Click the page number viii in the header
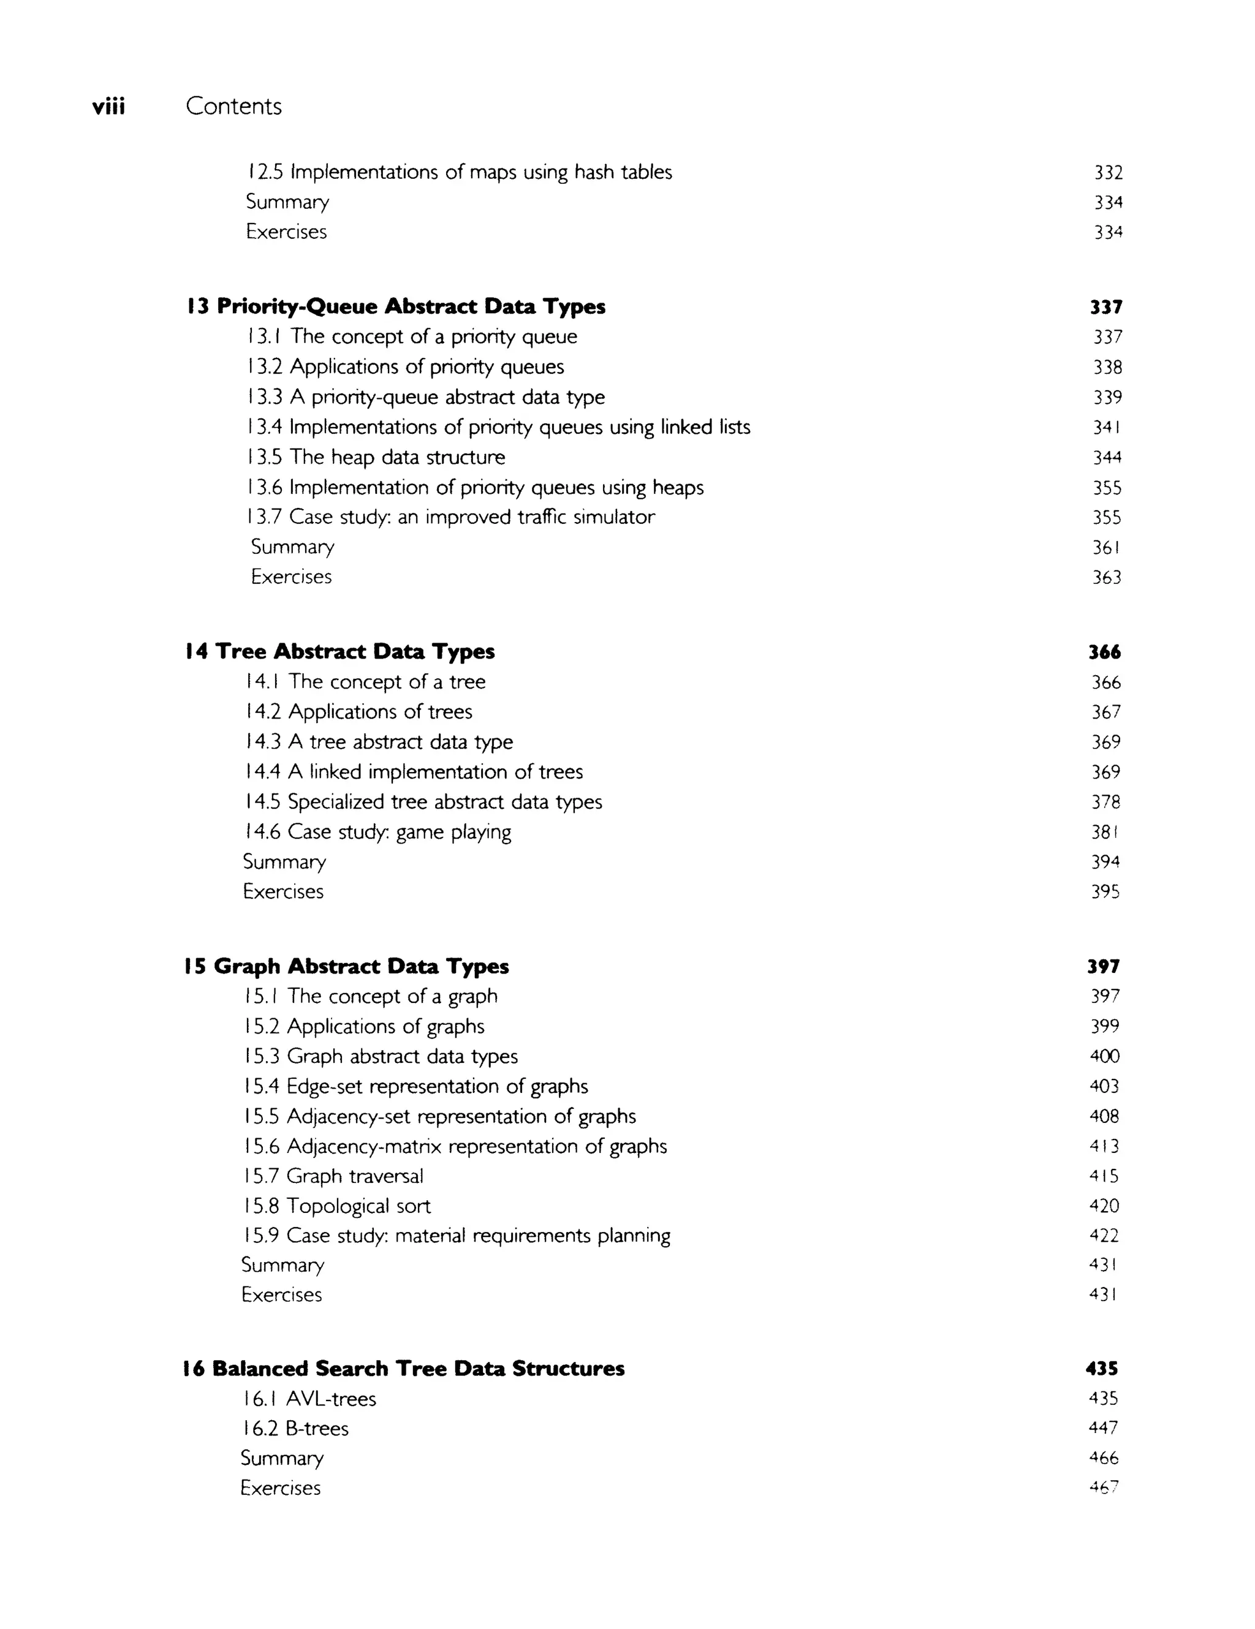click(108, 107)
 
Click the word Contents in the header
click(233, 106)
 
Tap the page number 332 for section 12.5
click(1108, 172)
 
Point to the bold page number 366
click(1104, 652)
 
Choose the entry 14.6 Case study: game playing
click(377, 832)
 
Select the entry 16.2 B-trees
click(295, 1428)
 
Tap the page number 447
click(1104, 1427)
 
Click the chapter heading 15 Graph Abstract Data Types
click(346, 967)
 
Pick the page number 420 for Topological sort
click(1104, 1206)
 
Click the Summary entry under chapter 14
click(284, 862)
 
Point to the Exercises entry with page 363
click(291, 576)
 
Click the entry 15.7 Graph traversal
click(333, 1176)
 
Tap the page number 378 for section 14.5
click(1105, 802)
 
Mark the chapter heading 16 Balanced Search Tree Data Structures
click(403, 1369)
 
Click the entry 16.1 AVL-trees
click(308, 1399)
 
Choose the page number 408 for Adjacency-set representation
click(1104, 1117)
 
